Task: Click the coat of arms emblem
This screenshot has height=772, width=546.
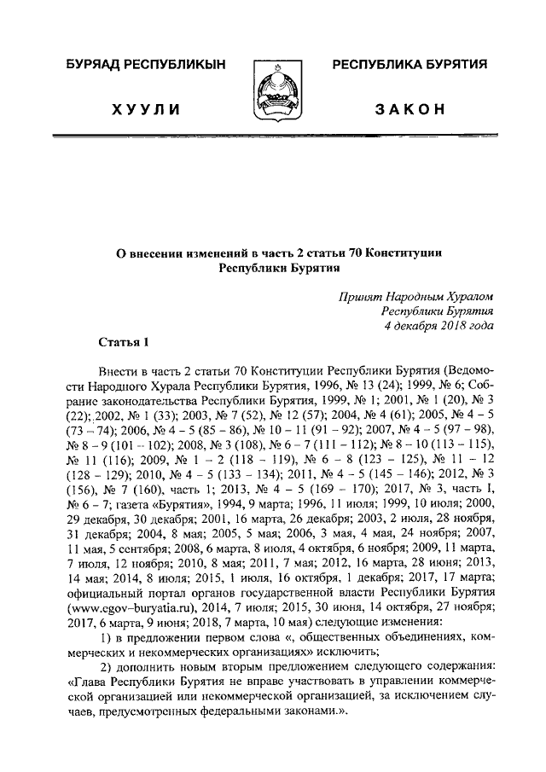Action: [x=273, y=89]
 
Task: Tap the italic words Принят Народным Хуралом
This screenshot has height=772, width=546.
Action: [x=416, y=295]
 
